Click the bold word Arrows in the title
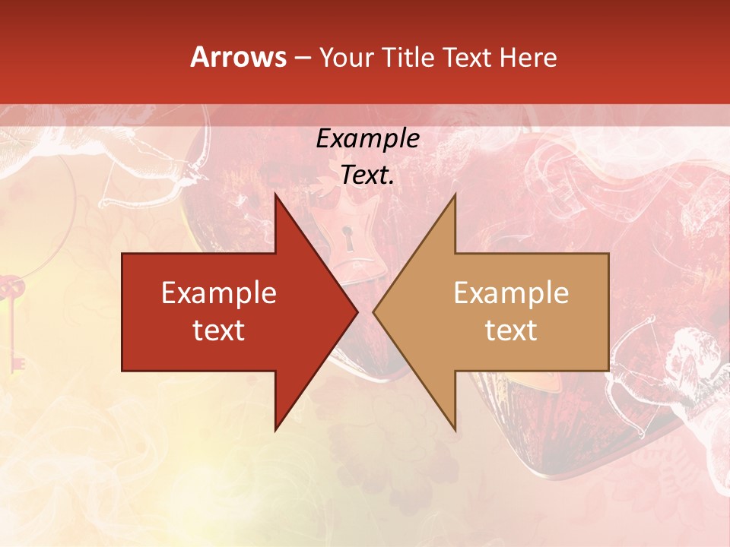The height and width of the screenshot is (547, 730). click(238, 57)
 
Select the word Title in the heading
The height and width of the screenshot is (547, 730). click(408, 57)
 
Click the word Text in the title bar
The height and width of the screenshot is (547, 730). click(468, 57)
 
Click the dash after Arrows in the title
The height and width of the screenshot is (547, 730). click(302, 58)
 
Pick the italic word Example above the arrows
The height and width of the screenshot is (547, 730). click(368, 139)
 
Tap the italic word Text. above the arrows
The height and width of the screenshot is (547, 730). click(368, 175)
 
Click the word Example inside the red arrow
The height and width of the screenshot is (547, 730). click(219, 293)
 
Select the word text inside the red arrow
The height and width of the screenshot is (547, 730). click(219, 330)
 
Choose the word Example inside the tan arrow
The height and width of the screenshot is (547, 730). click(511, 293)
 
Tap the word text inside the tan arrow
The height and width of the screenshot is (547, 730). click(511, 330)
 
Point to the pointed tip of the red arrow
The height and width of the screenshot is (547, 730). click(357, 311)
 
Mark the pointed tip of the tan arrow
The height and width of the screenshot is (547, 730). click(374, 311)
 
